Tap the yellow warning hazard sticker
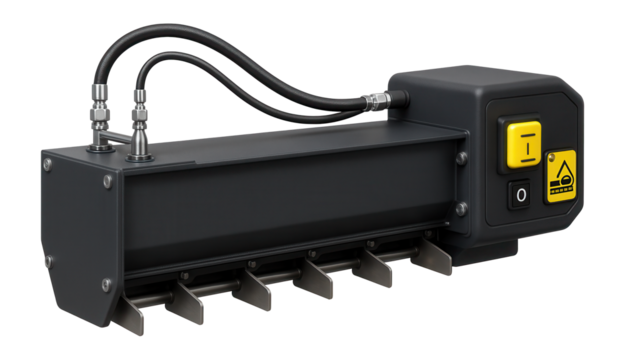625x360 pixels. pos(561,178)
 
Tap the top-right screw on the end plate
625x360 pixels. pos(107,181)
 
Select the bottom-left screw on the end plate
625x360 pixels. pos(47,262)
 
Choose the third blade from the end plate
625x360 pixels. pos(256,290)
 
